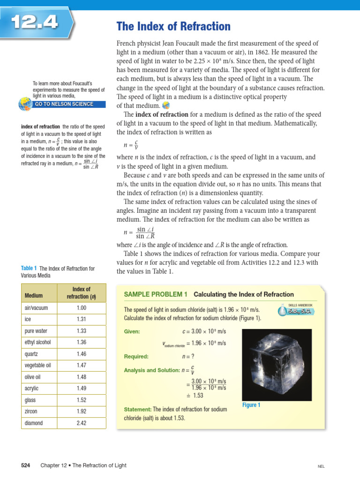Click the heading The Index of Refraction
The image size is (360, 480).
pyautogui.click(x=173, y=26)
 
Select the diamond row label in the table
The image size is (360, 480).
pyautogui.click(x=33, y=423)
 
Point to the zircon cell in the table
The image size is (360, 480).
pyautogui.click(x=31, y=412)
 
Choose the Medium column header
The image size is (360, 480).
pyautogui.click(x=33, y=296)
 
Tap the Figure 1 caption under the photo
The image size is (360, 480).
pyautogui.click(x=251, y=405)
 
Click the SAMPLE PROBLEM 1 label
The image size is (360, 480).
pyautogui.click(x=155, y=294)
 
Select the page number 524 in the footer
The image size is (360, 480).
pyautogui.click(x=26, y=465)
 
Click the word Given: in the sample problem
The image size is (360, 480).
pyautogui.click(x=132, y=331)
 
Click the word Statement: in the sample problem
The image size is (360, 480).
pyautogui.click(x=137, y=409)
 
